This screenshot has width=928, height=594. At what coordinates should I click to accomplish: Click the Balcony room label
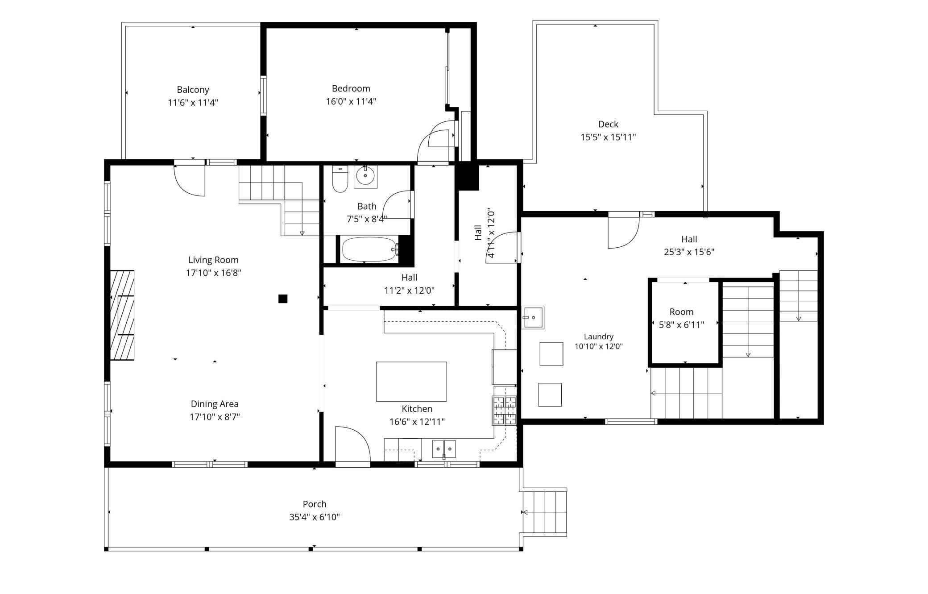click(x=193, y=90)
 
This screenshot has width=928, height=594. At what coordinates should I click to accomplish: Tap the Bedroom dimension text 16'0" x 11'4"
click(x=351, y=101)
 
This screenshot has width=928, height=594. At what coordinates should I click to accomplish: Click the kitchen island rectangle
click(x=411, y=382)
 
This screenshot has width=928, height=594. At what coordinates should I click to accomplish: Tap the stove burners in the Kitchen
click(x=505, y=410)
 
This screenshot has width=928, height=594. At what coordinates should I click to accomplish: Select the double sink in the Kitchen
click(x=444, y=449)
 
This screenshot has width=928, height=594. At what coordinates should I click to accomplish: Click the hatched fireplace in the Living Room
click(x=122, y=315)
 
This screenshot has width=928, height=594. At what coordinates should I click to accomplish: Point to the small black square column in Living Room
click(x=283, y=299)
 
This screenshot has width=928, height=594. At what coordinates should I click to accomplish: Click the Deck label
click(x=608, y=124)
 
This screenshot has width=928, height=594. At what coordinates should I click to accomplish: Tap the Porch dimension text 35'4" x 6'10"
click(x=315, y=517)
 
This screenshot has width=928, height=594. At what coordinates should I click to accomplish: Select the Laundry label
click(x=599, y=336)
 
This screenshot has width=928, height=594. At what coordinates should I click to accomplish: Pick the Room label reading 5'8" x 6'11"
click(x=681, y=325)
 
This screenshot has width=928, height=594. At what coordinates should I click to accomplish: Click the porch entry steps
click(x=544, y=512)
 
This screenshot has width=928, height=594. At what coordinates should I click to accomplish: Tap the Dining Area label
click(x=215, y=404)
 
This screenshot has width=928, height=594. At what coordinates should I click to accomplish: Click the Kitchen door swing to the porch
click(x=353, y=444)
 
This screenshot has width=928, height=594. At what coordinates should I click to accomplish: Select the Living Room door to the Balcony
click(x=189, y=180)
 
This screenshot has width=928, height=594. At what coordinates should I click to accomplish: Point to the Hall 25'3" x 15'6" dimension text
click(x=689, y=252)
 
